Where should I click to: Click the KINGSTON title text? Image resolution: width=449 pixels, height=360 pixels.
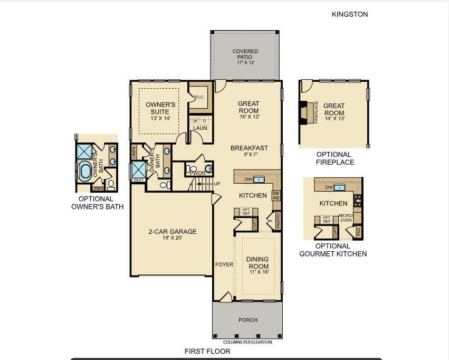tap(350, 14)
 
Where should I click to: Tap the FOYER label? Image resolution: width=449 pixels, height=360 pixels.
tap(224, 264)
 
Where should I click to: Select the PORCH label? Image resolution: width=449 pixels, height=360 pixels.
tap(248, 320)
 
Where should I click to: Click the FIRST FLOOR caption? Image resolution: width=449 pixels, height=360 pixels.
tap(207, 351)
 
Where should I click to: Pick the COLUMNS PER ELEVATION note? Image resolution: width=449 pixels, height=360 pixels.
tap(247, 342)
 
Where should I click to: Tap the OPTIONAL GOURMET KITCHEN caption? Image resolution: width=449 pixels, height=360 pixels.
tap(333, 250)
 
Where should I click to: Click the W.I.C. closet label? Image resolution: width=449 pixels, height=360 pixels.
tap(198, 97)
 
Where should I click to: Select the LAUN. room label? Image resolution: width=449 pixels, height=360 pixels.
tap(200, 128)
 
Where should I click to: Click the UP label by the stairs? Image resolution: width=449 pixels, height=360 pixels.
tap(217, 184)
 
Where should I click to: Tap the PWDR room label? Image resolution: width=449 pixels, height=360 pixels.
tap(197, 173)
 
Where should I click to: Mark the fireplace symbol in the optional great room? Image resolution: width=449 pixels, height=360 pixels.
tap(303, 112)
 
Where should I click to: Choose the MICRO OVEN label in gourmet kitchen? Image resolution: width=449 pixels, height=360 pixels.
tap(346, 218)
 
